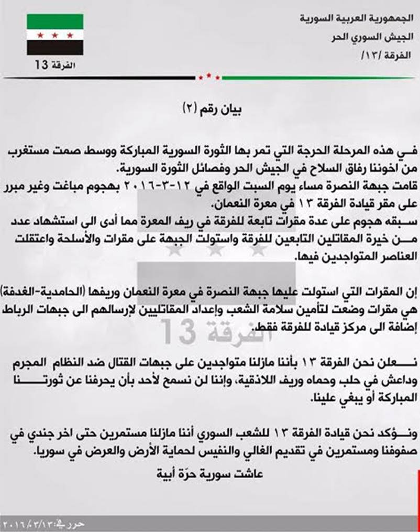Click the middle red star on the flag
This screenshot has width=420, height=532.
[x=54, y=35]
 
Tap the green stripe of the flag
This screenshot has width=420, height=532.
[x=54, y=21]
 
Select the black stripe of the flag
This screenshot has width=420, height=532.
[x=54, y=48]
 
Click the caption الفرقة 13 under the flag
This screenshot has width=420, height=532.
[x=55, y=66]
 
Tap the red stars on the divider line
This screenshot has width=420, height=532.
[x=209, y=77]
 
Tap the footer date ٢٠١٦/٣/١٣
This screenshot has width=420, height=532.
[x=26, y=524]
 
